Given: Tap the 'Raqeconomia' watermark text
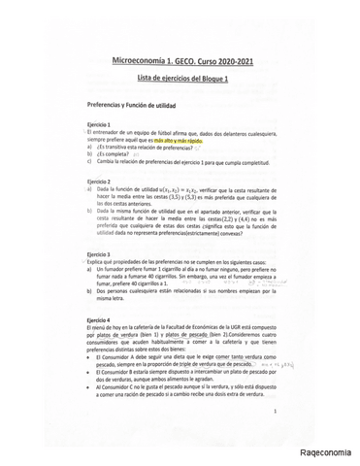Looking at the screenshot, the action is click(325, 454).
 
